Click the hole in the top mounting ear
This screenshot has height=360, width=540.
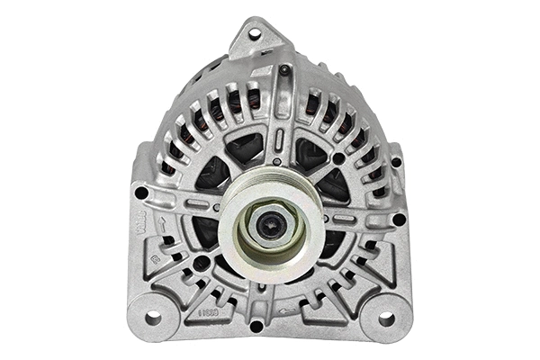255,34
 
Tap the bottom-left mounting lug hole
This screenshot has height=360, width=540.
151,317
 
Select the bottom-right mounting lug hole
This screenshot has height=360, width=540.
386,318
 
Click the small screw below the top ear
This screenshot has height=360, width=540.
284,69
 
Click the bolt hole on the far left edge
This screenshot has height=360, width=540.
141,193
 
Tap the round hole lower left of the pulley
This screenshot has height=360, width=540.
202,264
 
